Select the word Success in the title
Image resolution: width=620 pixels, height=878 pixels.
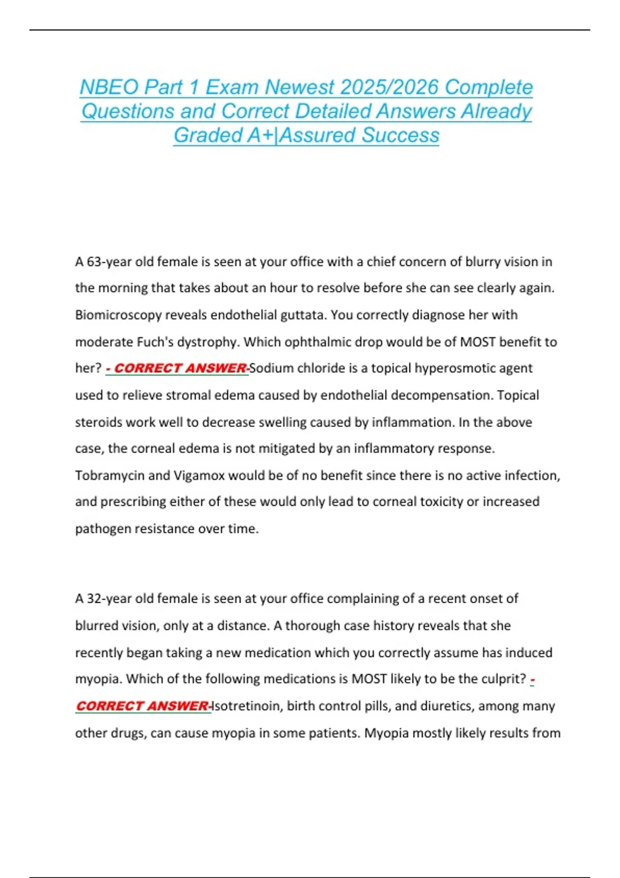[x=400, y=135]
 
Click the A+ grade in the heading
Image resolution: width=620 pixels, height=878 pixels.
[x=261, y=135]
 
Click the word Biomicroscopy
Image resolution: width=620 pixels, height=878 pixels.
[x=118, y=315]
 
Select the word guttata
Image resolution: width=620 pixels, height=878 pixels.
[x=304, y=315]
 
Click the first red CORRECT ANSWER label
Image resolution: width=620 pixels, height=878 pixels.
[x=177, y=368]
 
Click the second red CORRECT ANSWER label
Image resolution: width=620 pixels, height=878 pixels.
[x=143, y=705]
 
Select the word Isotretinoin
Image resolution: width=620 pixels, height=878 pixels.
[x=247, y=705]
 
